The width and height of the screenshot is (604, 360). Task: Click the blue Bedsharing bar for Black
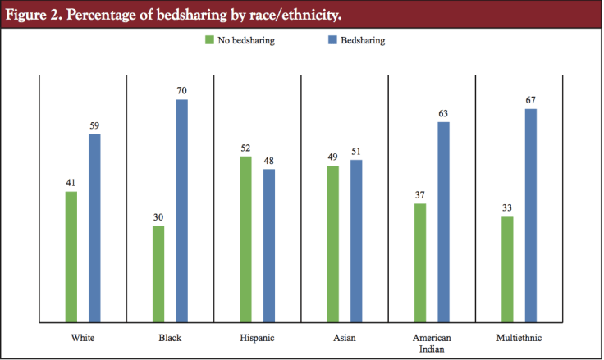tap(181, 211)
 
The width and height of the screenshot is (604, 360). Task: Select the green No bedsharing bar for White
tap(71, 257)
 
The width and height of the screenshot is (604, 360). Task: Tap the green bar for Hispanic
tap(245, 239)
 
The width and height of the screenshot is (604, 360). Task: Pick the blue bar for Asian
tap(356, 241)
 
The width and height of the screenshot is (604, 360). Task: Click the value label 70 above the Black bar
tap(181, 91)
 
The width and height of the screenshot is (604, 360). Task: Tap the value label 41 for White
tap(71, 183)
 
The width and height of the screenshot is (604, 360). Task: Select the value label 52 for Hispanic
tap(245, 148)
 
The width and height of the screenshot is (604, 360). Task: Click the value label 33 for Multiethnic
tap(507, 208)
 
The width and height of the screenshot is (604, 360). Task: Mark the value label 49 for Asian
tap(332, 157)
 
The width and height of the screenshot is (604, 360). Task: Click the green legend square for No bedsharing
tap(208, 39)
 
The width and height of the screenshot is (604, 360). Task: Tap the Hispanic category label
tap(257, 338)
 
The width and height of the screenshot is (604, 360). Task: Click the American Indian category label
tap(432, 343)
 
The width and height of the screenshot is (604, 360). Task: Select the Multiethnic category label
tap(519, 338)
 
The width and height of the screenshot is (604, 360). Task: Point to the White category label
tap(82, 338)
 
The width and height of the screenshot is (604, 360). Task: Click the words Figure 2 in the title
tap(34, 15)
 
